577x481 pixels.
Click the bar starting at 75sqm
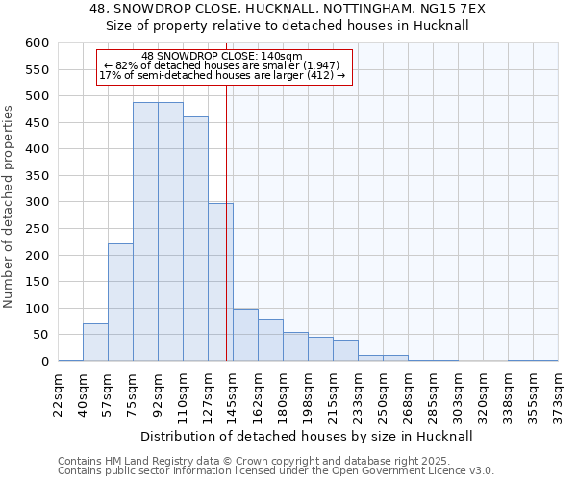[x=145, y=231]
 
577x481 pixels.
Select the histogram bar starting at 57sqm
[x=120, y=302]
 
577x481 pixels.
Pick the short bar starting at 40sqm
[x=95, y=342]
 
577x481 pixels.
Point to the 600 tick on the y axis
[x=36, y=43]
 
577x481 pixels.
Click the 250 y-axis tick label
[x=36, y=229]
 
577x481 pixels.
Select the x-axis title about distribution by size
[x=308, y=436]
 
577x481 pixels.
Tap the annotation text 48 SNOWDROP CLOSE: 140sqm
[x=222, y=56]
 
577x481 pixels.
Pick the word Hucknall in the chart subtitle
[x=441, y=26]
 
